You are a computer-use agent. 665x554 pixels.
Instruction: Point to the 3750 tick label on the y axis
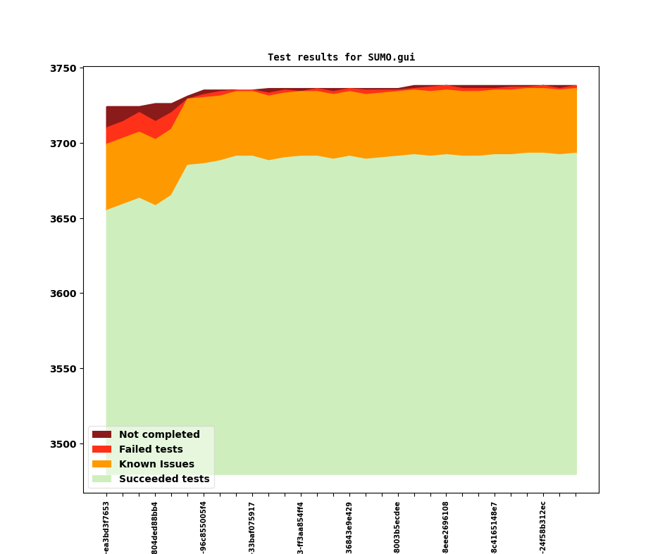point(63,68)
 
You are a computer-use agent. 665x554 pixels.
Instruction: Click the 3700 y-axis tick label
point(63,144)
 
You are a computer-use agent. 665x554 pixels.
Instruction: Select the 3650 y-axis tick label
point(63,219)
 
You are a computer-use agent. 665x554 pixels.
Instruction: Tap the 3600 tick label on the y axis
point(63,294)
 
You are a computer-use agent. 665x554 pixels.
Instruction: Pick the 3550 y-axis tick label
point(63,369)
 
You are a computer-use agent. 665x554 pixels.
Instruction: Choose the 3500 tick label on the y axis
point(63,444)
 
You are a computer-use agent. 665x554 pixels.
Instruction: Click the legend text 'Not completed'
point(159,435)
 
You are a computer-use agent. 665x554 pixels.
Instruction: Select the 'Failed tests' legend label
point(151,450)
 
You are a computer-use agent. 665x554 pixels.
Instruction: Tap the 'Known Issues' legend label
point(156,465)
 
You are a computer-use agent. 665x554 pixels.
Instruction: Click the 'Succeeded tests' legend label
point(164,479)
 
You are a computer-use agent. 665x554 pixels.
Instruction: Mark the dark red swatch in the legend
point(101,435)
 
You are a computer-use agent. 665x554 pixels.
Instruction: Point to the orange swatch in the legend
point(101,465)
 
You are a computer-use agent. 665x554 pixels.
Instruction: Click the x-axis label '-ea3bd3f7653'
point(106,527)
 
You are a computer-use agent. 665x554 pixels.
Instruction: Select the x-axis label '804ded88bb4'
point(155,527)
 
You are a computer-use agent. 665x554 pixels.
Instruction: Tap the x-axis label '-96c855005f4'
point(204,527)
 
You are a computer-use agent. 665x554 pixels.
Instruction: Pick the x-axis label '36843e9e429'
point(349,527)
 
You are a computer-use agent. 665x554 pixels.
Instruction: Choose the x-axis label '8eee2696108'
point(446,527)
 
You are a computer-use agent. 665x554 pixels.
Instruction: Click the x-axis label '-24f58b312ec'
point(543,527)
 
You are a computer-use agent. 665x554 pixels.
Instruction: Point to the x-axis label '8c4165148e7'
point(495,527)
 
